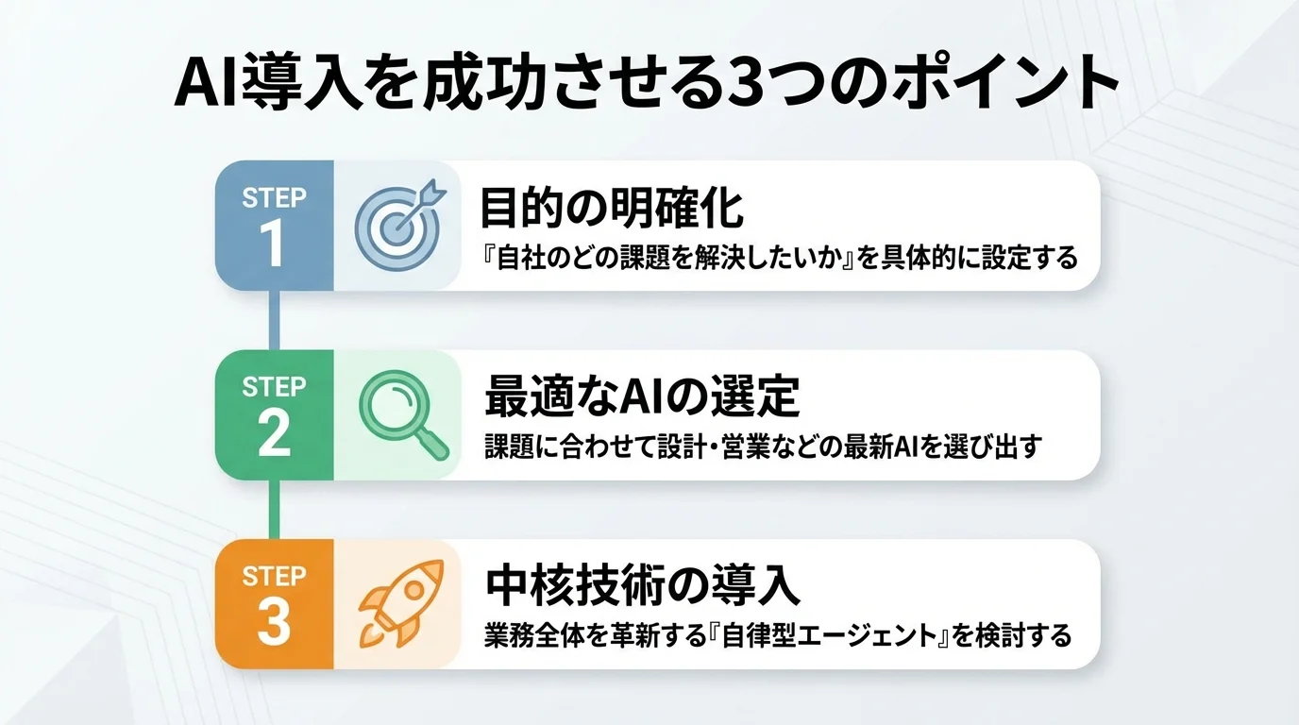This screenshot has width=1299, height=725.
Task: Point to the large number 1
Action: [x=273, y=244]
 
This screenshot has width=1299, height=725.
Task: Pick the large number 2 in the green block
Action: [x=274, y=433]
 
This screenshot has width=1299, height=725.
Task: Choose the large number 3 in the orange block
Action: [x=274, y=622]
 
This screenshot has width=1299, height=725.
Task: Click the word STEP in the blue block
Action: [x=274, y=198]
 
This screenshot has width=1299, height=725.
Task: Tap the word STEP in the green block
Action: [x=274, y=387]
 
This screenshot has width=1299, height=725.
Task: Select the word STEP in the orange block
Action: [x=274, y=576]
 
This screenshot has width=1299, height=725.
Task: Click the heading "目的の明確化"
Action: [x=612, y=210]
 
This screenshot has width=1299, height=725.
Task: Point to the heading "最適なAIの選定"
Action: [x=642, y=398]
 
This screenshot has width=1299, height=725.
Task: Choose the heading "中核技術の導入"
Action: [x=642, y=586]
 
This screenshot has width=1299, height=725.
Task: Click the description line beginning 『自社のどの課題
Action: [x=778, y=257]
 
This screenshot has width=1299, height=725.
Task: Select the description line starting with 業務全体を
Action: [x=778, y=635]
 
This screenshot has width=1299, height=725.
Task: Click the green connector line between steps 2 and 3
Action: [x=274, y=509]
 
